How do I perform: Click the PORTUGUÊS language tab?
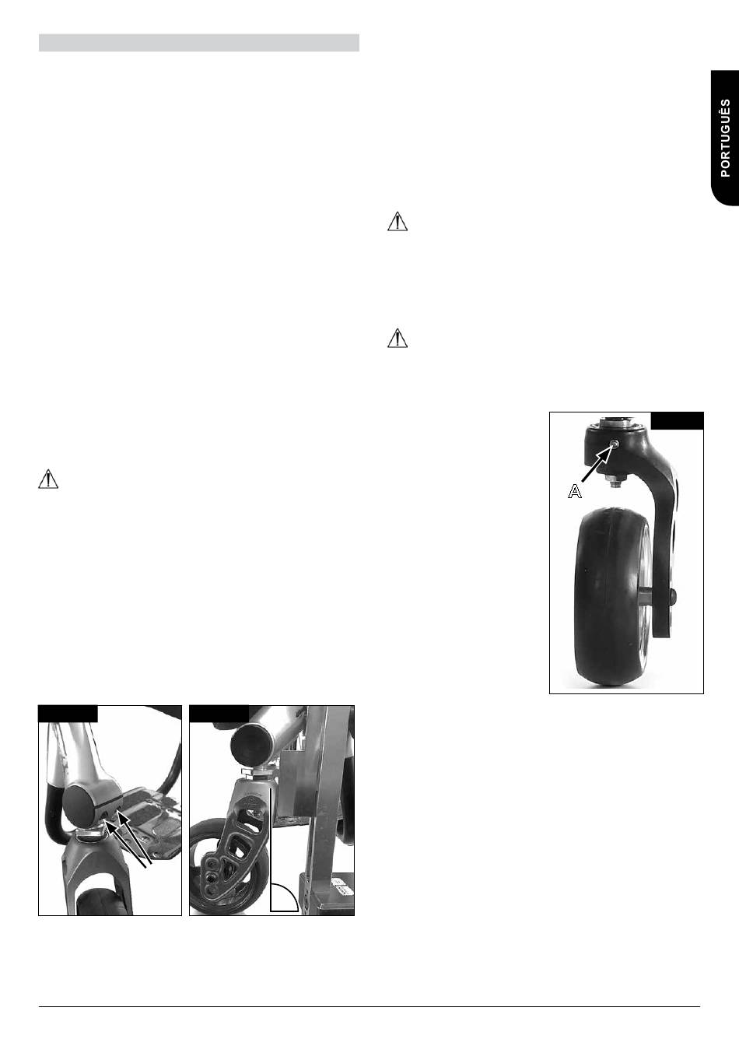click(725, 138)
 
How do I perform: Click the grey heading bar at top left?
click(199, 43)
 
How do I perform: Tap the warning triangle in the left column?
click(48, 480)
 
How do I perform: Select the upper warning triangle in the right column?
click(398, 222)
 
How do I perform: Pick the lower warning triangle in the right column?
click(398, 339)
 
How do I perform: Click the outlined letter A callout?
click(575, 492)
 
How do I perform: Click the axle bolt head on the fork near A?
click(673, 595)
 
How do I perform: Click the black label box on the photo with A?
click(678, 420)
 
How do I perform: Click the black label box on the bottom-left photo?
click(68, 714)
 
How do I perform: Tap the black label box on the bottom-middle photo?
click(219, 714)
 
